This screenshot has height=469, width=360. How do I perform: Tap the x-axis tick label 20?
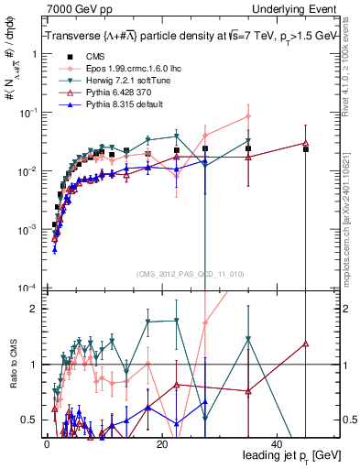pyautogui.click(x=162, y=444)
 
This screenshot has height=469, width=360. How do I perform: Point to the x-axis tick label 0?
pyautogui.click(x=47, y=444)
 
